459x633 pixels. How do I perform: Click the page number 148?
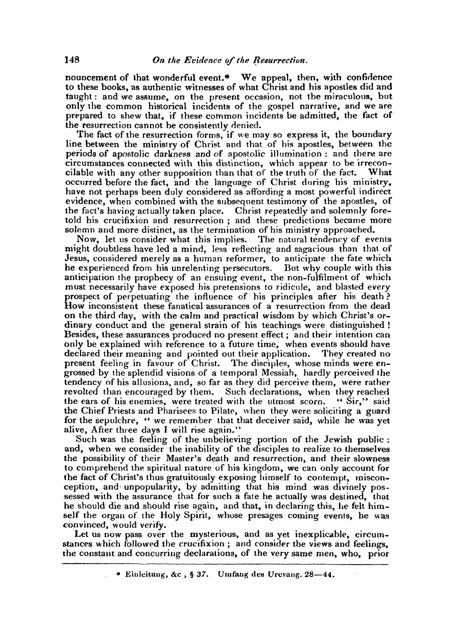[73, 59]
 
